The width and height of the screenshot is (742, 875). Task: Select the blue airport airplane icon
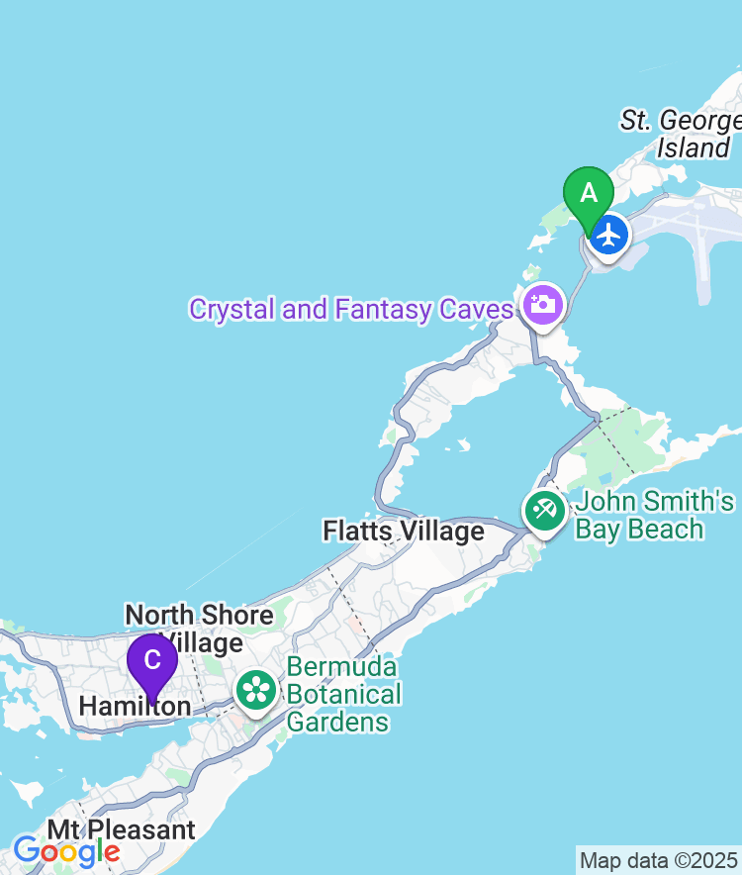608,236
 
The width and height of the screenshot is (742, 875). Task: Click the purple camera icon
542,303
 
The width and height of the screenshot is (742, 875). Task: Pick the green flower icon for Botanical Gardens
256,689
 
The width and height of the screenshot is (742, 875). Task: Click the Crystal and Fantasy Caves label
351,309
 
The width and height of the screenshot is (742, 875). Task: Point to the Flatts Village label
404,532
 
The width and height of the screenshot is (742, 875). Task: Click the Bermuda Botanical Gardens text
344,694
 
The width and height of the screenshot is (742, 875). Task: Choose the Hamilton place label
135,706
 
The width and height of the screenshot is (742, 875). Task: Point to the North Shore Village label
199,629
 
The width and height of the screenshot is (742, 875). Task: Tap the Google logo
66,850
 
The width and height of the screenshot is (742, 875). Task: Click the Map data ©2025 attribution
658,859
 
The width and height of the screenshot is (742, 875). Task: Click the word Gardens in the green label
338,722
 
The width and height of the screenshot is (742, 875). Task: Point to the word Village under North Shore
203,642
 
